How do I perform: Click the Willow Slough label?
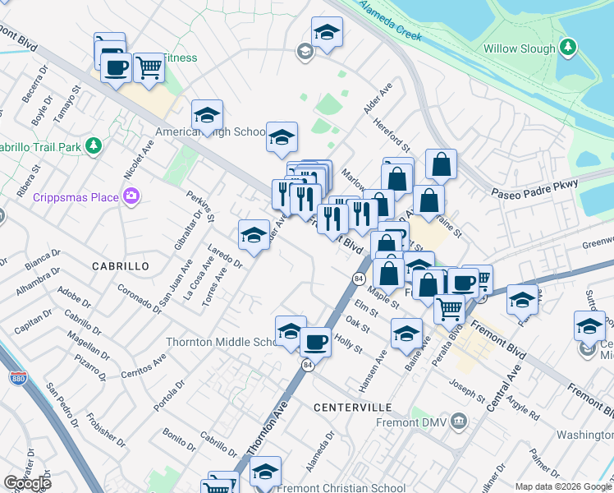pyautogui.click(x=520, y=48)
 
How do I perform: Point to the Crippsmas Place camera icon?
pyautogui.click(x=131, y=196)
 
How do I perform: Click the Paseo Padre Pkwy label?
pyautogui.click(x=534, y=190)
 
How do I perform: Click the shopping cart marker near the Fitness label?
pyautogui.click(x=149, y=67)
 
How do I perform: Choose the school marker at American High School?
pyautogui.click(x=208, y=114)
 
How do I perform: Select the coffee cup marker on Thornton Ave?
pyautogui.click(x=315, y=341)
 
